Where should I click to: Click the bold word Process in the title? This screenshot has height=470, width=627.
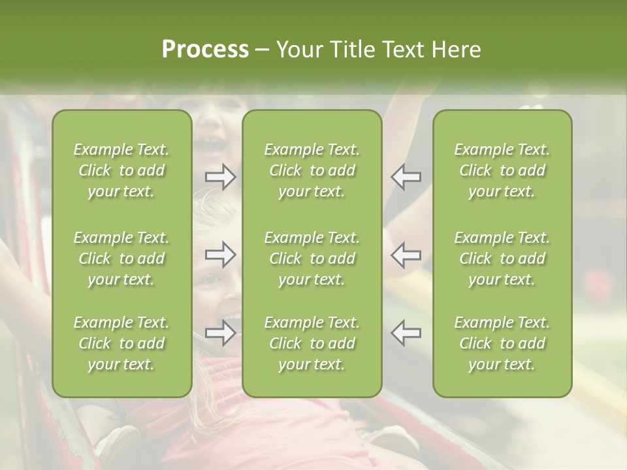click(x=205, y=50)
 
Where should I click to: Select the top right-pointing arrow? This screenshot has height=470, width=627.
click(x=220, y=176)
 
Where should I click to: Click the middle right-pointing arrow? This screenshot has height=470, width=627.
click(x=220, y=255)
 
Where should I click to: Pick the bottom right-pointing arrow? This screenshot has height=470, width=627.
click(x=220, y=333)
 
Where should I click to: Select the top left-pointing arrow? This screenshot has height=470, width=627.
click(x=406, y=176)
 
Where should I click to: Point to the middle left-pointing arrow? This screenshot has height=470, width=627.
click(x=406, y=255)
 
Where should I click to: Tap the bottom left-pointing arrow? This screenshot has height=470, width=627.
click(x=406, y=333)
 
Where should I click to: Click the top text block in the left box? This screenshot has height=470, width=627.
click(x=121, y=170)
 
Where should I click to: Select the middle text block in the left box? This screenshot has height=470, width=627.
click(x=121, y=258)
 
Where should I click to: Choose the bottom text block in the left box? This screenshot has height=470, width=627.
click(x=121, y=343)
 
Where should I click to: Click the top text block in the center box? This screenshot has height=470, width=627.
click(x=312, y=170)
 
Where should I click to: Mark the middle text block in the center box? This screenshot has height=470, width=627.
click(x=312, y=258)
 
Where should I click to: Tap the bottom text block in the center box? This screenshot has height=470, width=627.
click(x=312, y=343)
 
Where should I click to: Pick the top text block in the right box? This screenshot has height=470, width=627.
click(x=502, y=170)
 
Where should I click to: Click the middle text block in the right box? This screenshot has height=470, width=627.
click(x=502, y=258)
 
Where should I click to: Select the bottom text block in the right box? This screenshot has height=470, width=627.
click(x=502, y=343)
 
